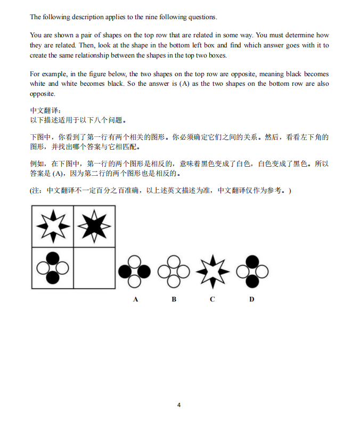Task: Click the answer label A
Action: (136, 299)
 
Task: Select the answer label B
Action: (174, 299)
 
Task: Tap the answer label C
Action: (212, 299)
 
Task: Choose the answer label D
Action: (252, 299)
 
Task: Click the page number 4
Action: (179, 405)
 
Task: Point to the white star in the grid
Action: (52, 227)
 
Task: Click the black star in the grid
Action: (94, 227)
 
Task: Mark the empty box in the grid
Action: (94, 268)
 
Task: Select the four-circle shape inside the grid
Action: (52, 267)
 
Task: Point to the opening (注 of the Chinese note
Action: (37, 190)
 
